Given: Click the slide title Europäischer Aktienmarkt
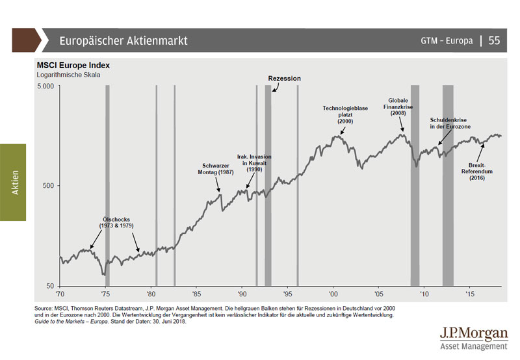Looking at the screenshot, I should pyautogui.click(x=123, y=40).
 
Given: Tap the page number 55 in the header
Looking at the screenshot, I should pyautogui.click(x=494, y=40).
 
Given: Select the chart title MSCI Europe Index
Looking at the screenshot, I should pyautogui.click(x=73, y=66).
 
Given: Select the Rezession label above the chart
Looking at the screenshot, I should pyautogui.click(x=285, y=78).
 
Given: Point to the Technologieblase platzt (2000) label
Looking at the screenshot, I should pyautogui.click(x=345, y=114).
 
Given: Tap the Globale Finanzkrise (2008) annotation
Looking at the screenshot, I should pyautogui.click(x=398, y=107).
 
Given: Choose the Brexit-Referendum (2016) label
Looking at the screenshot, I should pyautogui.click(x=482, y=172).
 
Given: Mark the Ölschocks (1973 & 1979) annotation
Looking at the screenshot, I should pyautogui.click(x=116, y=222).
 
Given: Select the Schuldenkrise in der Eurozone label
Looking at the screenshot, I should pyautogui.click(x=450, y=123).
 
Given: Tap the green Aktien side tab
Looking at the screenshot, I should pyautogui.click(x=13, y=182).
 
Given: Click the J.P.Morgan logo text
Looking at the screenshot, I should pyautogui.click(x=474, y=334).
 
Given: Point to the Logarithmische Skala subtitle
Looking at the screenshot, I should pyautogui.click(x=68, y=75).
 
